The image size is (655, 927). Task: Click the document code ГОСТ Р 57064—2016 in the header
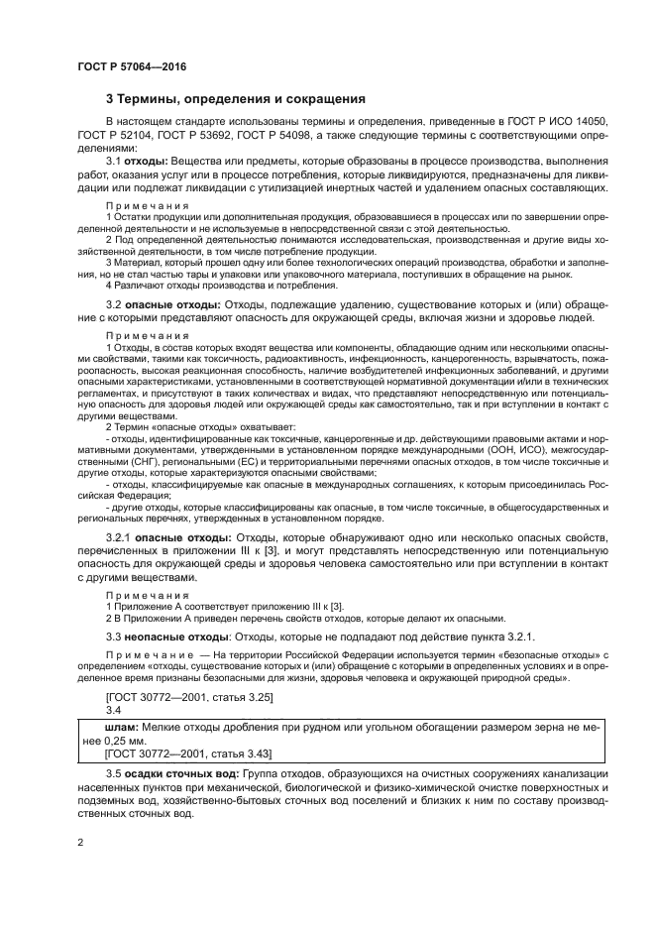click(x=132, y=65)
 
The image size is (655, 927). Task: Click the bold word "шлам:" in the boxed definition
click(x=106, y=728)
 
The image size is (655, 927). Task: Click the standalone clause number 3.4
click(x=113, y=712)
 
